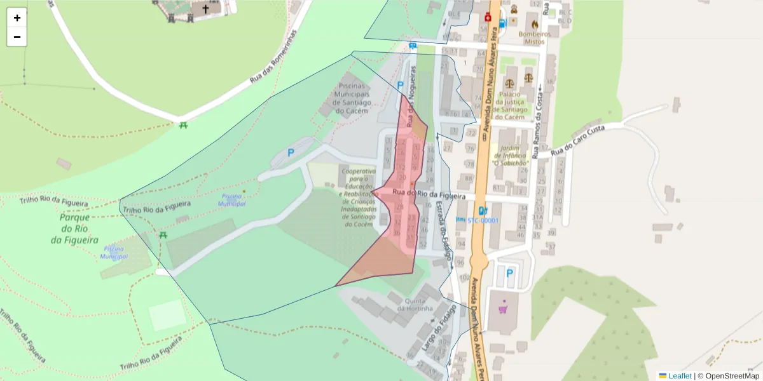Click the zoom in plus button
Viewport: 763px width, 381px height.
17,18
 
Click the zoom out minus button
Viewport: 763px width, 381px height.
17,37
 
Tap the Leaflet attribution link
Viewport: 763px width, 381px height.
679,376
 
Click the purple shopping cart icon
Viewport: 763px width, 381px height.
504,309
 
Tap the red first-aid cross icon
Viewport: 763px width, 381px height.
488,17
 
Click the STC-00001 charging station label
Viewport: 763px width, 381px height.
483,220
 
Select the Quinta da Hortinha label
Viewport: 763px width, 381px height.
415,304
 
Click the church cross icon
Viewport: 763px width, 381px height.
205,10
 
